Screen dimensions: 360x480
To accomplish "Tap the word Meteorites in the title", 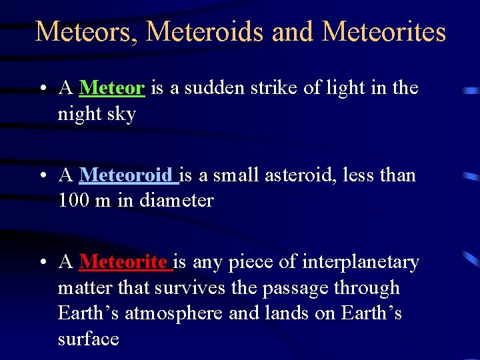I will click(x=384, y=31).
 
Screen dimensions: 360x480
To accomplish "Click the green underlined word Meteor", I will click(x=112, y=88).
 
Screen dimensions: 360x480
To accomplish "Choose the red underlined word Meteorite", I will click(x=124, y=262).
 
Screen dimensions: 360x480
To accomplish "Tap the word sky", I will click(x=125, y=115).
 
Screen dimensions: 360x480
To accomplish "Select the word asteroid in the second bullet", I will click(x=301, y=175).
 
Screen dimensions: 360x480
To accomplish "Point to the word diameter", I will click(x=177, y=201).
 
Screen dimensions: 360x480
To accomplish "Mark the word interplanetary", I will click(x=361, y=263).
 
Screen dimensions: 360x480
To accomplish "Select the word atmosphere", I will click(x=174, y=313).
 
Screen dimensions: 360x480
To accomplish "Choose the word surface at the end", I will click(x=88, y=339).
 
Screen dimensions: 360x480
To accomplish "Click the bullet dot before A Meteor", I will click(x=42, y=89).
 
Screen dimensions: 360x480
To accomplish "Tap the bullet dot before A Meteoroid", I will click(x=42, y=176).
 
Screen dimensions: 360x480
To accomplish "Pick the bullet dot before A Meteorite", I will click(x=42, y=263).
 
